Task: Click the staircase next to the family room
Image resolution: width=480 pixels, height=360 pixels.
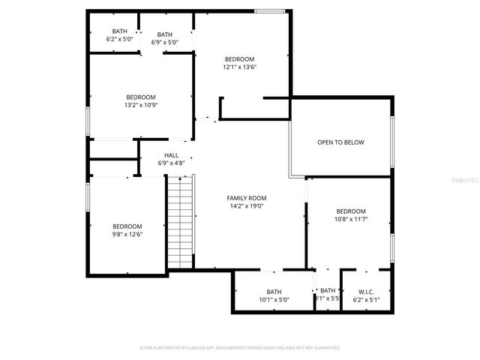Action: click(x=180, y=221)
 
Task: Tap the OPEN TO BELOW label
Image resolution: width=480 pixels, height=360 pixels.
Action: click(x=340, y=142)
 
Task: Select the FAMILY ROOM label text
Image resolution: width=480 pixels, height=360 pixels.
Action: click(x=246, y=198)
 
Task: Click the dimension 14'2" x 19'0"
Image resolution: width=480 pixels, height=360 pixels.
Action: click(x=246, y=206)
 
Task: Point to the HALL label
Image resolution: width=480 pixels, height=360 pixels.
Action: click(x=171, y=155)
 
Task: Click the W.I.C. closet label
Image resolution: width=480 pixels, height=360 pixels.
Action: click(x=366, y=292)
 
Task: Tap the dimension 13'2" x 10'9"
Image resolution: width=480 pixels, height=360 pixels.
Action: click(x=140, y=105)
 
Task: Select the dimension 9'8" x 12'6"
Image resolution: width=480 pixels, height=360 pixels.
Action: click(x=127, y=235)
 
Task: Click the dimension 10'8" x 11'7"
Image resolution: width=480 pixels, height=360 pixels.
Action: click(x=350, y=220)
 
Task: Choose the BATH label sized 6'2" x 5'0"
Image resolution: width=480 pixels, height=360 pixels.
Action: click(x=119, y=31)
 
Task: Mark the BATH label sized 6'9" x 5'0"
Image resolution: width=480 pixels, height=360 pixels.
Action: click(x=164, y=34)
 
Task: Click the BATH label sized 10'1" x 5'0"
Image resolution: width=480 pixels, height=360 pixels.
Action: click(x=274, y=292)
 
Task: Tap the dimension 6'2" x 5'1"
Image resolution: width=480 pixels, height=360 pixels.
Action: click(x=366, y=300)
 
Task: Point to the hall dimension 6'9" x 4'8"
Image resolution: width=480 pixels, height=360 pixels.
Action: click(x=171, y=163)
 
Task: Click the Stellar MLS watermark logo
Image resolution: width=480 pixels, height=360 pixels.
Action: click(x=464, y=181)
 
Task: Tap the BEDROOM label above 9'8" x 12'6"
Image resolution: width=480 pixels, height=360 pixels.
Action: click(x=127, y=226)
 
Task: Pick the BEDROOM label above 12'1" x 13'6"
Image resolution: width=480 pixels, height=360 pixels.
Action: click(x=239, y=59)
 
